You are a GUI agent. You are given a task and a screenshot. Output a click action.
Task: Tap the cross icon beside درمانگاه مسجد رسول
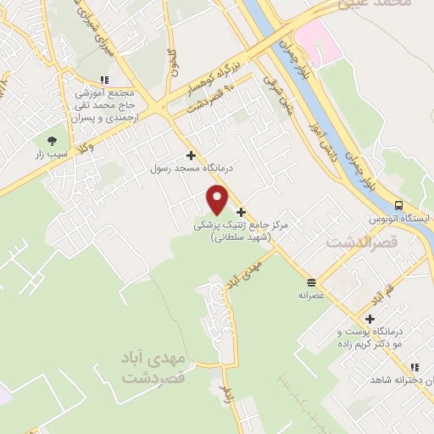point(191,155)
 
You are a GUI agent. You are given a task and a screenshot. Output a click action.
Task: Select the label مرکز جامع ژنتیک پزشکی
point(242,226)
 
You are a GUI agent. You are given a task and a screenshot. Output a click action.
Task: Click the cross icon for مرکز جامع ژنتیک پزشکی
point(242,211)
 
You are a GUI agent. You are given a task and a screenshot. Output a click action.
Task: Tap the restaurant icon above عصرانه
point(312,282)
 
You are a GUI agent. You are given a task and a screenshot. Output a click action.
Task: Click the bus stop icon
point(398,204)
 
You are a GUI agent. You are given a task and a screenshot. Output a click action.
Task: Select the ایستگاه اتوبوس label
point(399,219)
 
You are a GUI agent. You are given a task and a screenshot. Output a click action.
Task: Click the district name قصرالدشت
point(355,242)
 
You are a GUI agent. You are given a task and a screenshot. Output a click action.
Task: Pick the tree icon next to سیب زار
point(53,141)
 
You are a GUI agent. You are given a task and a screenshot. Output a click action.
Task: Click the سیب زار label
point(51,155)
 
